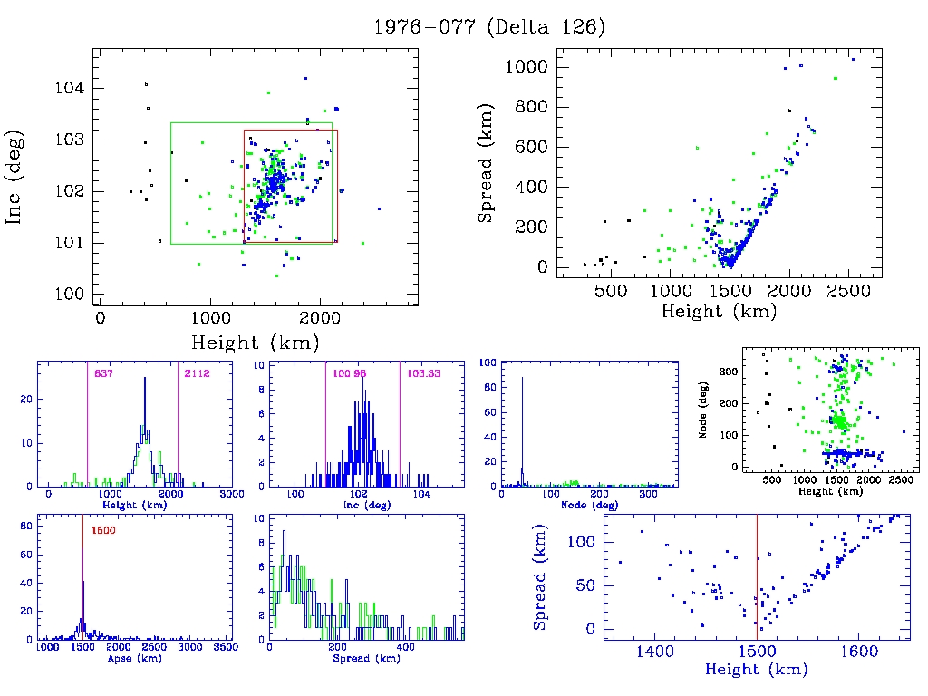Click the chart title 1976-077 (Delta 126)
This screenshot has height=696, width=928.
click(x=489, y=27)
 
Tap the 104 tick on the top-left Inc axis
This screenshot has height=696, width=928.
click(x=73, y=88)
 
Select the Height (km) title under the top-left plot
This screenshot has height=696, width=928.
click(x=255, y=343)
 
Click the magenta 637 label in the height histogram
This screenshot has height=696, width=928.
click(x=97, y=372)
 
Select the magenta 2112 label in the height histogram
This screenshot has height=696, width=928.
click(x=190, y=372)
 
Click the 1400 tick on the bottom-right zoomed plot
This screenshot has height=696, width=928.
click(x=653, y=650)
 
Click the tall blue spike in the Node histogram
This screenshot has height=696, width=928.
click(x=522, y=426)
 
